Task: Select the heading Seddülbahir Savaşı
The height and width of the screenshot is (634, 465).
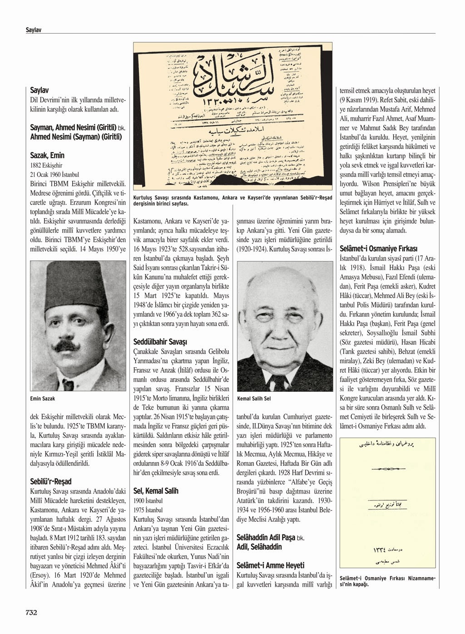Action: click(160, 341)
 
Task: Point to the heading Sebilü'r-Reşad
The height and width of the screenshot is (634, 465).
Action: click(50, 481)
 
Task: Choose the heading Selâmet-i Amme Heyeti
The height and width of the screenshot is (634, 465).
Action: click(270, 565)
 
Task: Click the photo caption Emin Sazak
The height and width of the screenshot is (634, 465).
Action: click(42, 399)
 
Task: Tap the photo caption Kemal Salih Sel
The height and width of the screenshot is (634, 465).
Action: click(254, 399)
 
